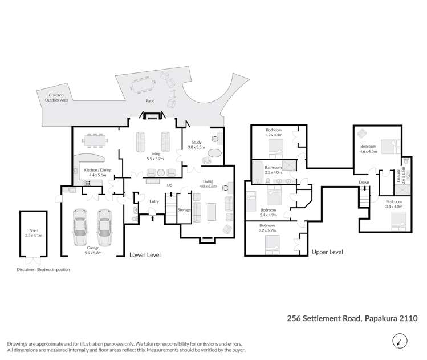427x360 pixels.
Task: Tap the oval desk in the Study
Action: point(215,153)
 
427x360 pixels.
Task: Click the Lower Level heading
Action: point(145,255)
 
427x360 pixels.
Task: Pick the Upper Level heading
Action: point(327,252)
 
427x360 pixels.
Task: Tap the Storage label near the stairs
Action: point(184,210)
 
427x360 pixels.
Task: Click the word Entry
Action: point(154,201)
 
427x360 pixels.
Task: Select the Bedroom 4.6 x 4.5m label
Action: point(368,149)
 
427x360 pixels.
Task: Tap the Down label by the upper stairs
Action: point(364,183)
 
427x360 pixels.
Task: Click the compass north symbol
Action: point(400,342)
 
